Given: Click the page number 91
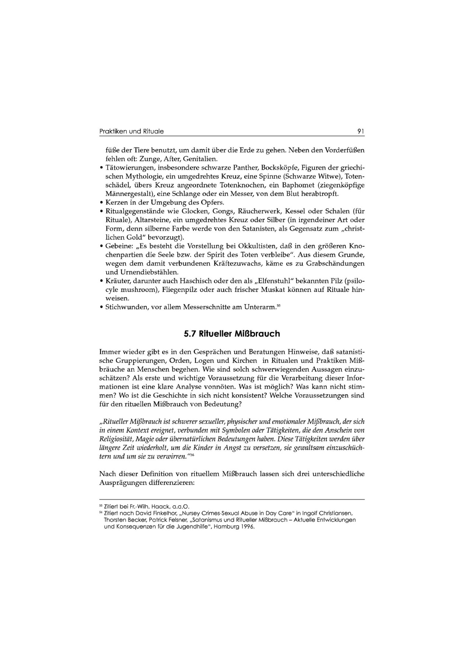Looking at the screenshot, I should (x=361, y=131).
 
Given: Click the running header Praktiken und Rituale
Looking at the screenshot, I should (x=132, y=131).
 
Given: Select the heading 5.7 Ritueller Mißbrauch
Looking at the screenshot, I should (x=232, y=334).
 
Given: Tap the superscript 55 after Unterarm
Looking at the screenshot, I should (x=279, y=305).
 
